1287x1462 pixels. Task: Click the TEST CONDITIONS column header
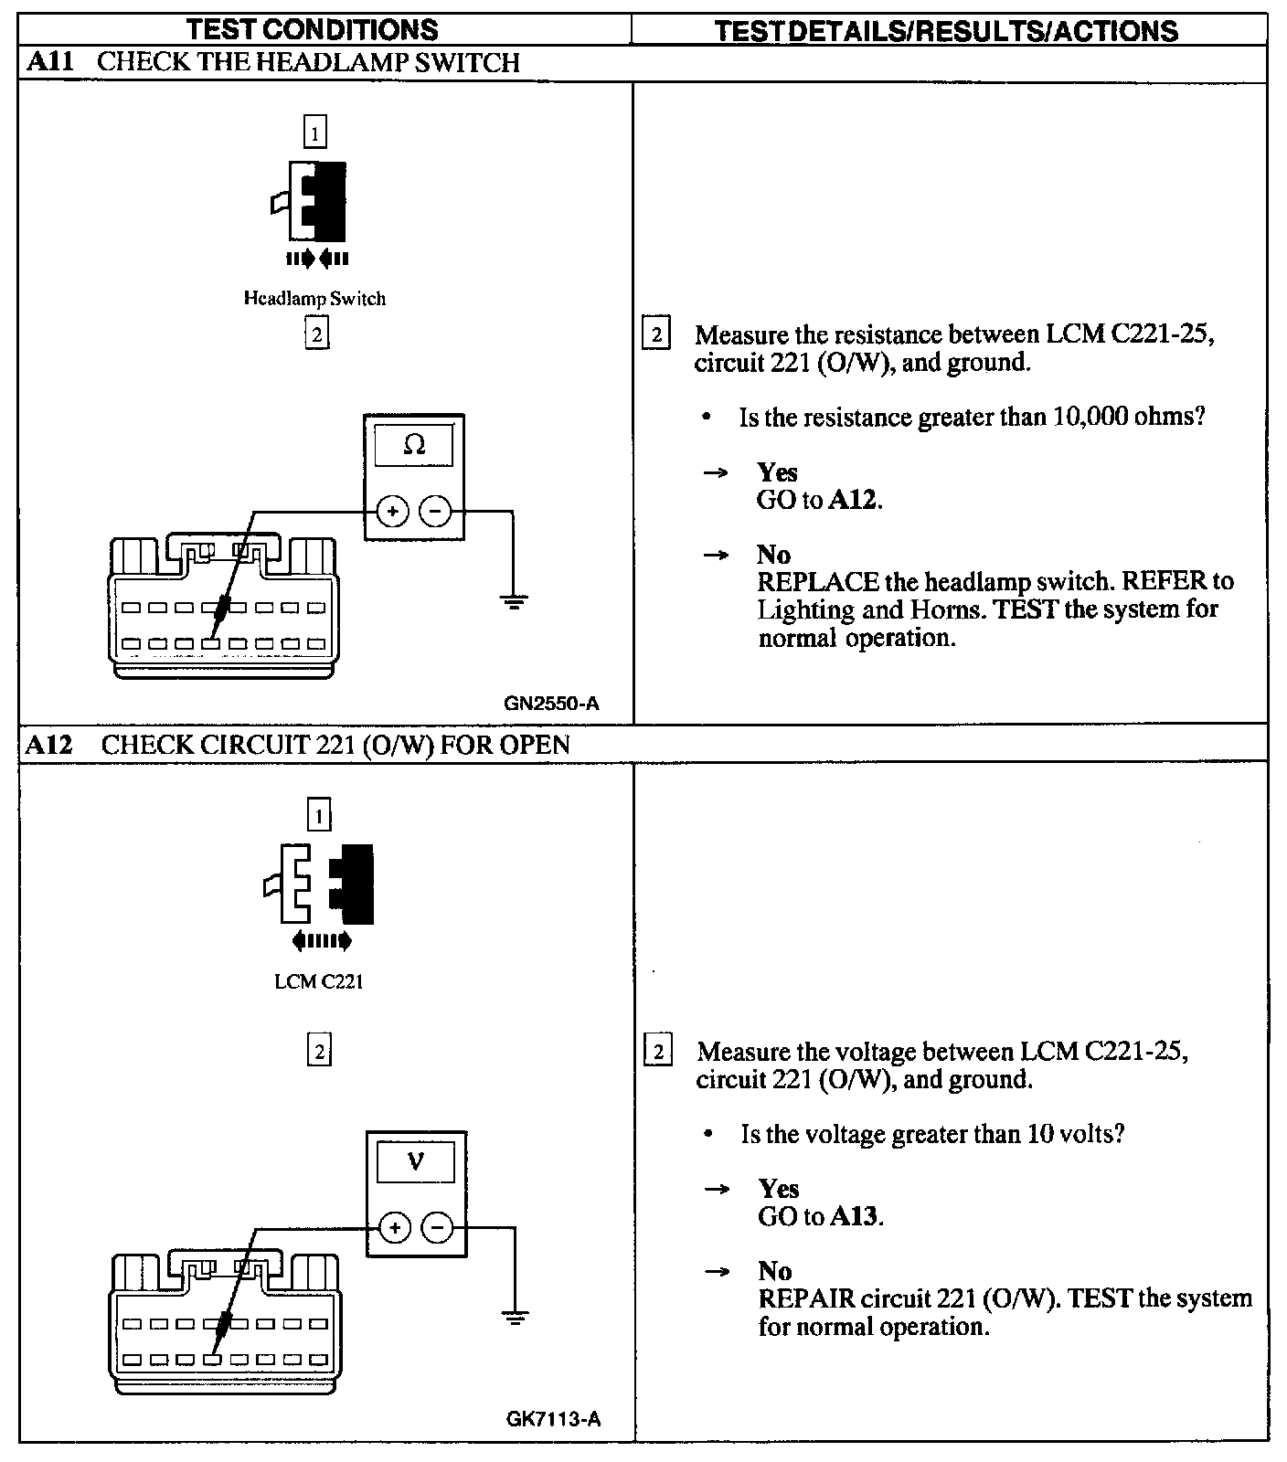coord(313,29)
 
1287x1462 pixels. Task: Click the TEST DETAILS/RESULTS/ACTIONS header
coord(946,31)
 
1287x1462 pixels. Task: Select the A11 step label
coord(49,62)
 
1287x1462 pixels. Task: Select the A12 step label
coord(49,745)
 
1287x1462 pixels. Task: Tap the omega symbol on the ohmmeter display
coord(414,446)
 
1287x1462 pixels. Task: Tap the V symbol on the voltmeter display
coord(416,1162)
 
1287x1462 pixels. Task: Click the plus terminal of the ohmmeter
coord(392,512)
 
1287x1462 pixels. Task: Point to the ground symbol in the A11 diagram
coord(514,602)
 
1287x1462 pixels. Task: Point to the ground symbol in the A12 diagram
coord(516,1318)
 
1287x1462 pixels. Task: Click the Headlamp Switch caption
coord(314,299)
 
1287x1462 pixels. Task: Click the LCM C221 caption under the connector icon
coord(318,982)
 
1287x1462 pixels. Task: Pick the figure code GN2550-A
coord(551,704)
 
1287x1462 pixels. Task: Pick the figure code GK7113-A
coord(553,1419)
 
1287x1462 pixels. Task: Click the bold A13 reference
coord(855,1216)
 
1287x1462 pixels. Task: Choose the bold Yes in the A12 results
coord(778,1189)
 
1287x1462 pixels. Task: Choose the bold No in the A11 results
coord(773,555)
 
